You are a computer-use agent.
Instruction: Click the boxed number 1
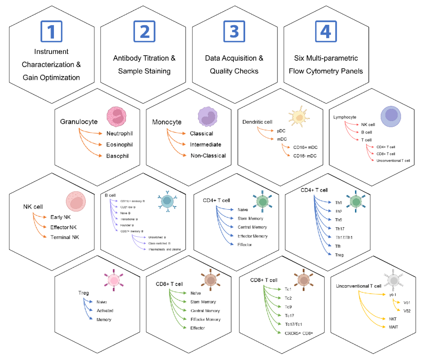tap(52, 31)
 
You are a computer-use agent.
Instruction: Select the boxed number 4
tap(325, 31)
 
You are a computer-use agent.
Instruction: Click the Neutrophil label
tap(120, 134)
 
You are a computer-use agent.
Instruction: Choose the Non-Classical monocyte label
tap(208, 156)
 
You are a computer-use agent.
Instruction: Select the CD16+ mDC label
tap(305, 147)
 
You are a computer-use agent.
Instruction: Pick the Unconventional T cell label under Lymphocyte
tap(393, 160)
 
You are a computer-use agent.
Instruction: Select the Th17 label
tap(340, 228)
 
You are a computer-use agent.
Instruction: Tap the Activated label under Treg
tap(105, 311)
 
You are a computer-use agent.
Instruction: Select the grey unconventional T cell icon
tap(394, 280)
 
